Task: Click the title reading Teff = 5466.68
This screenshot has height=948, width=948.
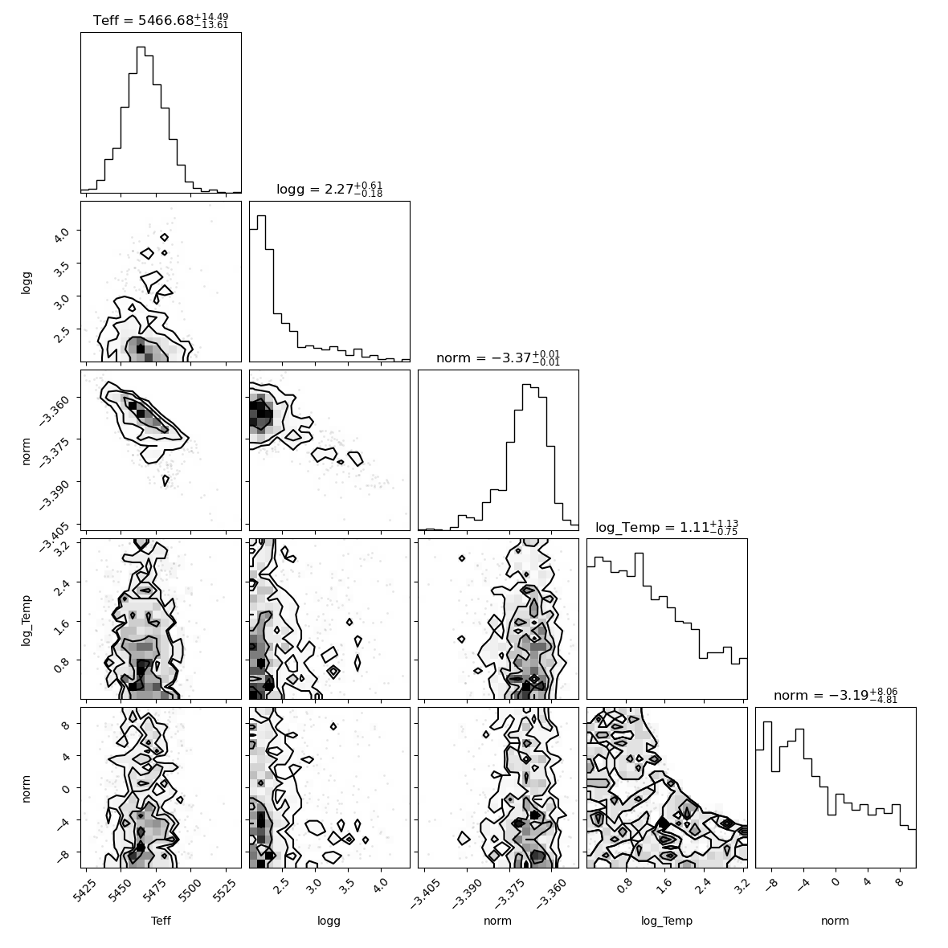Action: tap(161, 21)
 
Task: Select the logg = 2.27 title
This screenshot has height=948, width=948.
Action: tap(329, 190)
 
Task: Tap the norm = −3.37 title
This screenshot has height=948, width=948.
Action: tap(498, 358)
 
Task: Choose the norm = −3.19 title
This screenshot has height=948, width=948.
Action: tap(836, 695)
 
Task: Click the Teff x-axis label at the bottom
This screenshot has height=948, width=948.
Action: tap(161, 921)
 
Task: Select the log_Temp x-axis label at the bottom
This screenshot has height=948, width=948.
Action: tap(667, 921)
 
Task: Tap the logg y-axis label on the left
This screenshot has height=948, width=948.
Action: tap(26, 282)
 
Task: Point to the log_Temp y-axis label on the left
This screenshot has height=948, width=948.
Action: tap(26, 620)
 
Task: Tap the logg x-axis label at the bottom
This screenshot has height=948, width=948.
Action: tap(329, 921)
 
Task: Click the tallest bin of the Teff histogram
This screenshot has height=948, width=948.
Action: tap(141, 120)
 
